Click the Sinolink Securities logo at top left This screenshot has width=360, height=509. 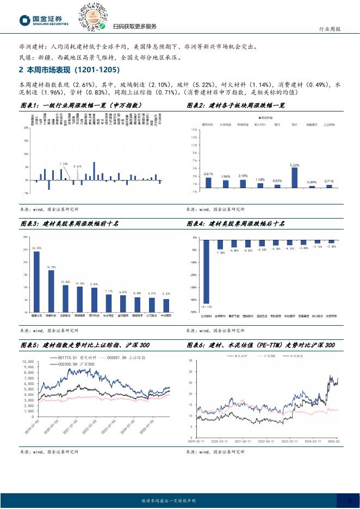45,20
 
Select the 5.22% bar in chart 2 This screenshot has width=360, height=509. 294,177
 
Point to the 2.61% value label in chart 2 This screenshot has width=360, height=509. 207,174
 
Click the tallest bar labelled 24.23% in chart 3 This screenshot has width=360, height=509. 36,282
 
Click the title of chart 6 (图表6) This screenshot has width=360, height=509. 260,345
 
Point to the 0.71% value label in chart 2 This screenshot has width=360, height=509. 328,181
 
